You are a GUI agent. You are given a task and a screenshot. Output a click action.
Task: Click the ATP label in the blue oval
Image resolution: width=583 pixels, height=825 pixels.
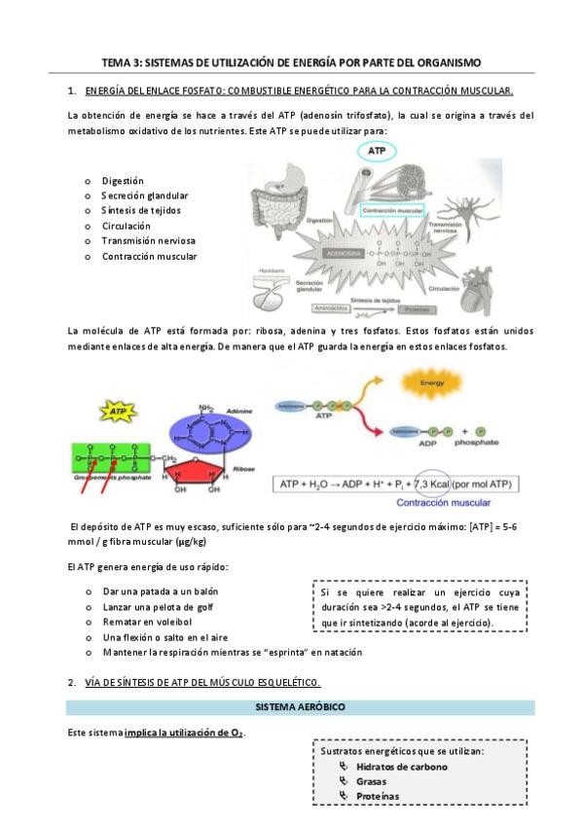[376, 151]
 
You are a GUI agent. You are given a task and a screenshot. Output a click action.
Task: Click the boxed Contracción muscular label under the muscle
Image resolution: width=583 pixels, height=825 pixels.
[391, 210]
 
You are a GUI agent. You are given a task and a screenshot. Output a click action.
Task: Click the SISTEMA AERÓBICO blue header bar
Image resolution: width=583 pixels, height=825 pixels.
[300, 704]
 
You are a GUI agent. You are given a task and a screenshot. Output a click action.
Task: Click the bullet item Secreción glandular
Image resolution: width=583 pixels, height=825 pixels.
[145, 195]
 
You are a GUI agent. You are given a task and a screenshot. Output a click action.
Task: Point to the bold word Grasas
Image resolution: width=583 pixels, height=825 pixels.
[371, 781]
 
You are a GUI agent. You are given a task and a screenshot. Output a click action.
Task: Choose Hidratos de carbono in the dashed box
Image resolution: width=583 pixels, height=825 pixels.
[402, 767]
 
